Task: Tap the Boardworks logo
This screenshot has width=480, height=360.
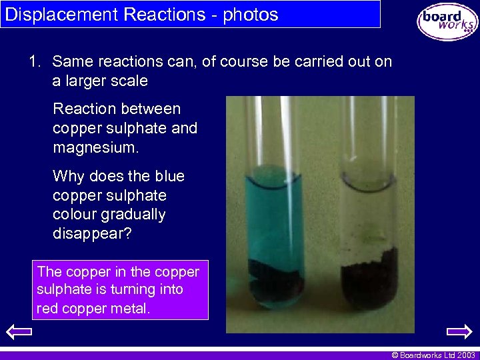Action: tap(447, 21)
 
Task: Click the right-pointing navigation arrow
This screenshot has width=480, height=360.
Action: tap(459, 331)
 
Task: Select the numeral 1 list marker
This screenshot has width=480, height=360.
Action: tap(34, 62)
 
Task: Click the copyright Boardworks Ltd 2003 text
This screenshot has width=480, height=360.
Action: tap(433, 355)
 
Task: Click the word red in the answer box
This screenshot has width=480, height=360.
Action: tap(47, 309)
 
